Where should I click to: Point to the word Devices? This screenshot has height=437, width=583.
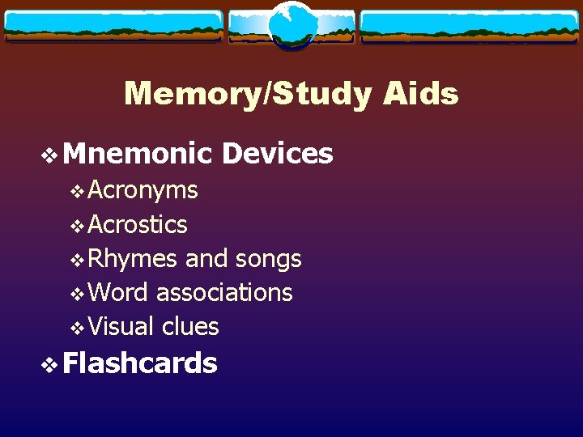277,153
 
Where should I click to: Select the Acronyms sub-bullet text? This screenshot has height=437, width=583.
143,191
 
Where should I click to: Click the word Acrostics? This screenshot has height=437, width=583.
138,225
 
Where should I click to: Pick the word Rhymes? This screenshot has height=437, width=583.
133,259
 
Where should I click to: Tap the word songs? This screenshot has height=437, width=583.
268,259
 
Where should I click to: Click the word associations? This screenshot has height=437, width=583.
224,293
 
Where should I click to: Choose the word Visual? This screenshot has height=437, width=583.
121,327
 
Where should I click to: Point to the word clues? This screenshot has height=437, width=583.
190,327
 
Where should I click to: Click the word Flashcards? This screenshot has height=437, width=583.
140,363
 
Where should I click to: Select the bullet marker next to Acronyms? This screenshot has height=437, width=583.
78,192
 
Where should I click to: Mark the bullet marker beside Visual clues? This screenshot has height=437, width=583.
78,328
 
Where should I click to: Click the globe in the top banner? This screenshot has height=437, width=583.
291,25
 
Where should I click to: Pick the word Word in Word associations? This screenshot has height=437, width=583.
118,293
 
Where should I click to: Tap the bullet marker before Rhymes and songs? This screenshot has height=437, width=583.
78,260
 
